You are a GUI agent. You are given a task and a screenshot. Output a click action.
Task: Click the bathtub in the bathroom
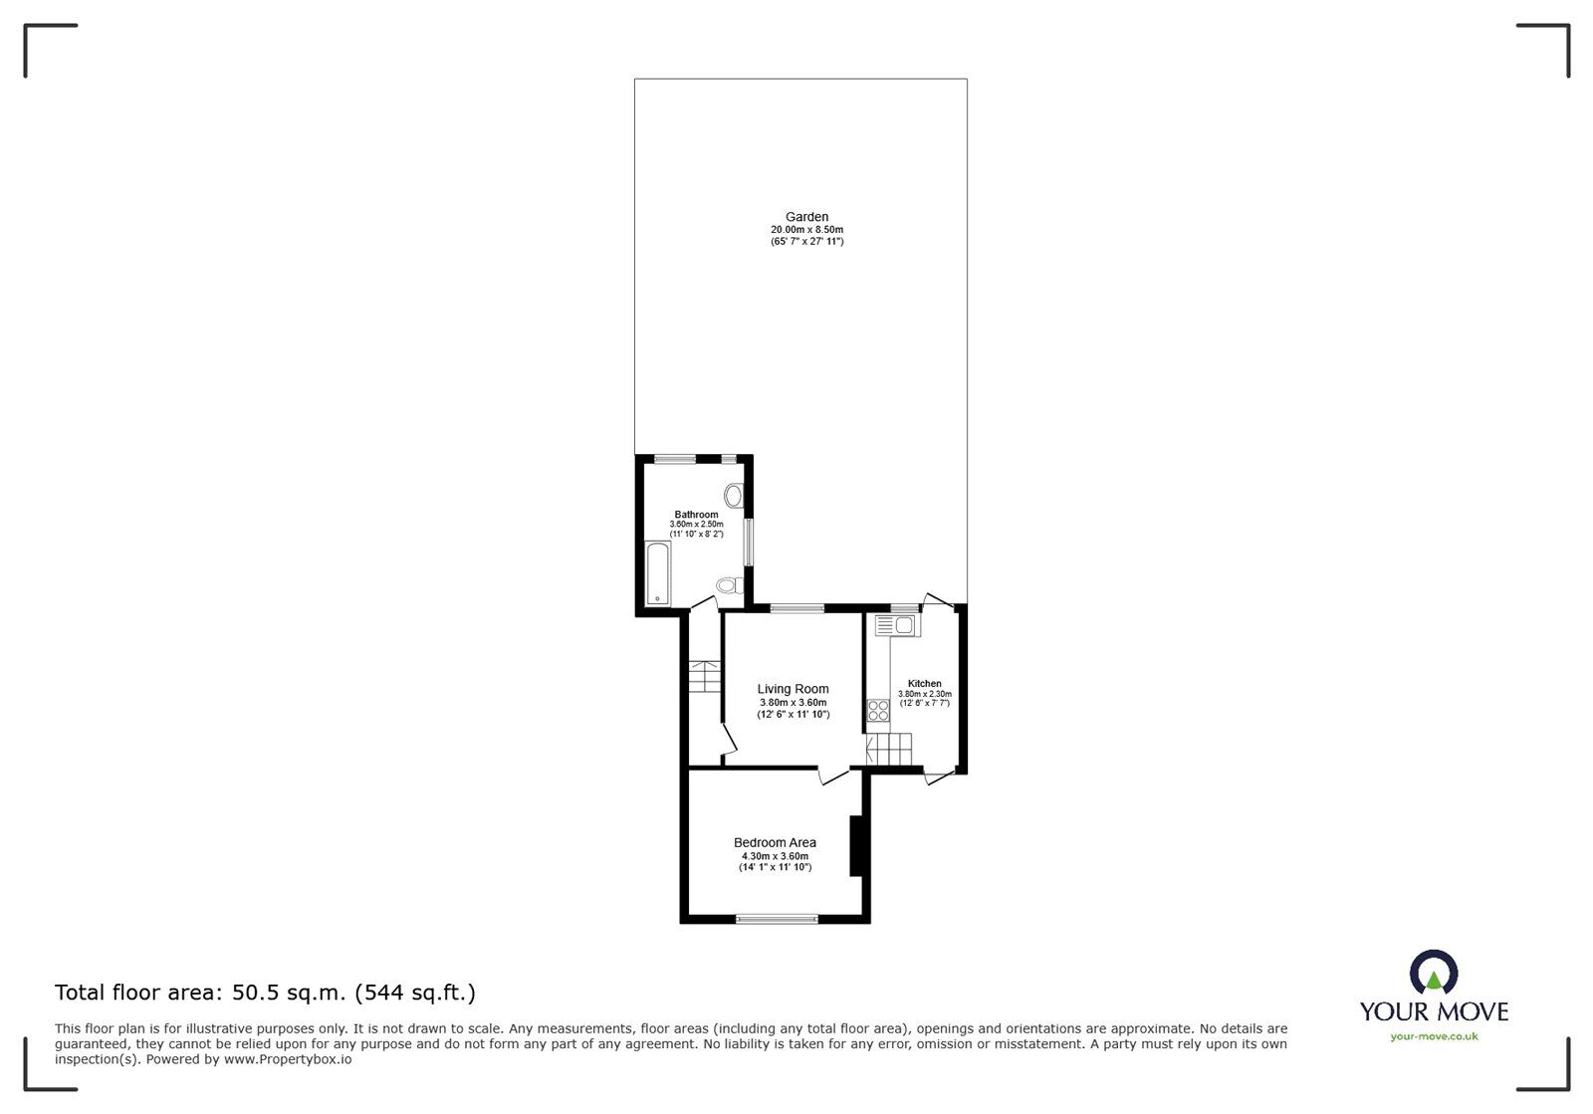658,574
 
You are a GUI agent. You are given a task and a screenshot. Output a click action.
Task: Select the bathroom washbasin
735,495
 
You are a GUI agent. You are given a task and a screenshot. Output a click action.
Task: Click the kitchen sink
896,625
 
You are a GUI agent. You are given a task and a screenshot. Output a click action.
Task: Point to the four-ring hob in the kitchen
878,710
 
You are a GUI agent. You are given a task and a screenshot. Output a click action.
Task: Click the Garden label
806,217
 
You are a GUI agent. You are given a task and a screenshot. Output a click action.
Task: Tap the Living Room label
793,689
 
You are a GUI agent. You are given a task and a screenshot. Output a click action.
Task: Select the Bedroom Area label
775,843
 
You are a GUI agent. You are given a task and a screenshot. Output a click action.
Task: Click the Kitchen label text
924,684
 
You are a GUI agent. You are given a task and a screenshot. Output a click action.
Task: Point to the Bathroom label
696,515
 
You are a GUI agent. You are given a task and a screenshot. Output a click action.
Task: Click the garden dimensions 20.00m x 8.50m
806,230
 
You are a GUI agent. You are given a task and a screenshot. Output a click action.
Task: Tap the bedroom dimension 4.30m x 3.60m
775,856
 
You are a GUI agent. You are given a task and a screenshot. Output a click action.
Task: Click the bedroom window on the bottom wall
777,919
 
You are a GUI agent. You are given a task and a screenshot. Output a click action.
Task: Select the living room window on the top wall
796,607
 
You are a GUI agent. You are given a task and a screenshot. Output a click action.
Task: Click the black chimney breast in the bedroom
855,846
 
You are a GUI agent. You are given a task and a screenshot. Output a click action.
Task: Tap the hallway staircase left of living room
703,676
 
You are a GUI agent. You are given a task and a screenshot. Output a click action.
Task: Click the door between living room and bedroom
832,775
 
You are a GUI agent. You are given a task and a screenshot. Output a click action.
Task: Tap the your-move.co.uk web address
1434,1036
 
